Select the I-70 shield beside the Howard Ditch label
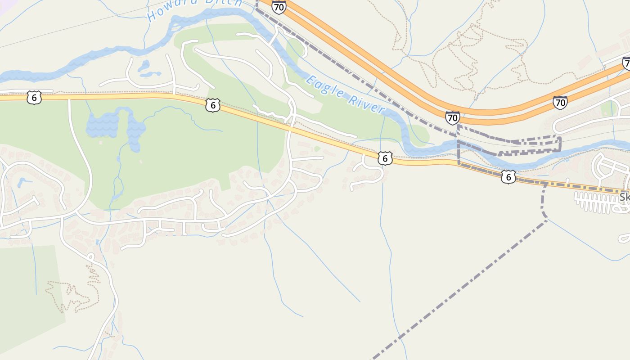pos(279,7)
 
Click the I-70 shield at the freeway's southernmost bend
pos(453,118)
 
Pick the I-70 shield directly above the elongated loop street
pos(560,103)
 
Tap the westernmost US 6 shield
pos(34,97)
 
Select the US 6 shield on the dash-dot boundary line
pos(508,176)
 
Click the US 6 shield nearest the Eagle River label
pos(384,158)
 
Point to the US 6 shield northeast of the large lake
pos(213,105)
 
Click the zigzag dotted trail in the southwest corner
pos(74,295)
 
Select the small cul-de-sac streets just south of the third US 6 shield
pos(367,173)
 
